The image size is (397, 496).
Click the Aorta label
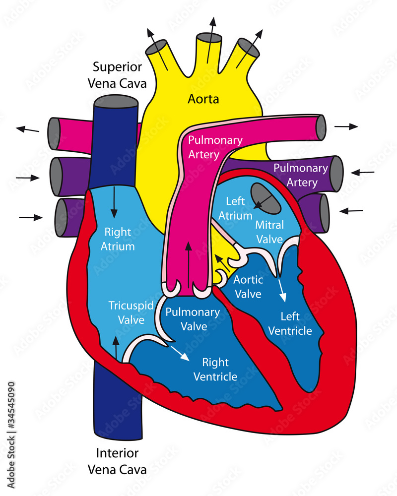[x=203, y=99]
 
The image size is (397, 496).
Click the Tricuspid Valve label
[x=131, y=312]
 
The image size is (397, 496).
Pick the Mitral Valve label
[x=269, y=232]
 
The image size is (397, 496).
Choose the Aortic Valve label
[x=248, y=287]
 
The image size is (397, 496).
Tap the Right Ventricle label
[x=215, y=369]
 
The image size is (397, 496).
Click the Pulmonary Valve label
[x=193, y=319]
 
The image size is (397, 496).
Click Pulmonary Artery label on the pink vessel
[x=208, y=147]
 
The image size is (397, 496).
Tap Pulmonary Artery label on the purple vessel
[x=301, y=175]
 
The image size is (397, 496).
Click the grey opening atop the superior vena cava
[x=116, y=101]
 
